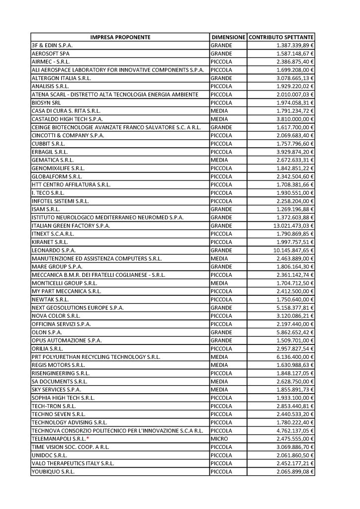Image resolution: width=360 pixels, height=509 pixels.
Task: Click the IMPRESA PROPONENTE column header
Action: [x=120, y=37]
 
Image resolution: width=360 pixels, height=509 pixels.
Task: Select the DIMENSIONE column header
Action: [x=228, y=37]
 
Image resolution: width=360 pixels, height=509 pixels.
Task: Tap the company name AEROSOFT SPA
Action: [x=51, y=53]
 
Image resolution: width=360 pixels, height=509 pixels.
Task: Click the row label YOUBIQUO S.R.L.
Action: [x=53, y=471]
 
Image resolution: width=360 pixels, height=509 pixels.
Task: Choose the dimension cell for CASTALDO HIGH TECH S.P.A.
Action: [x=219, y=119]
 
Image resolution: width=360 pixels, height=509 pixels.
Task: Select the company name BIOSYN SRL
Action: [x=46, y=103]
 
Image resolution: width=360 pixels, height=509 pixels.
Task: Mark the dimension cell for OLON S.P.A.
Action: [x=222, y=333]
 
